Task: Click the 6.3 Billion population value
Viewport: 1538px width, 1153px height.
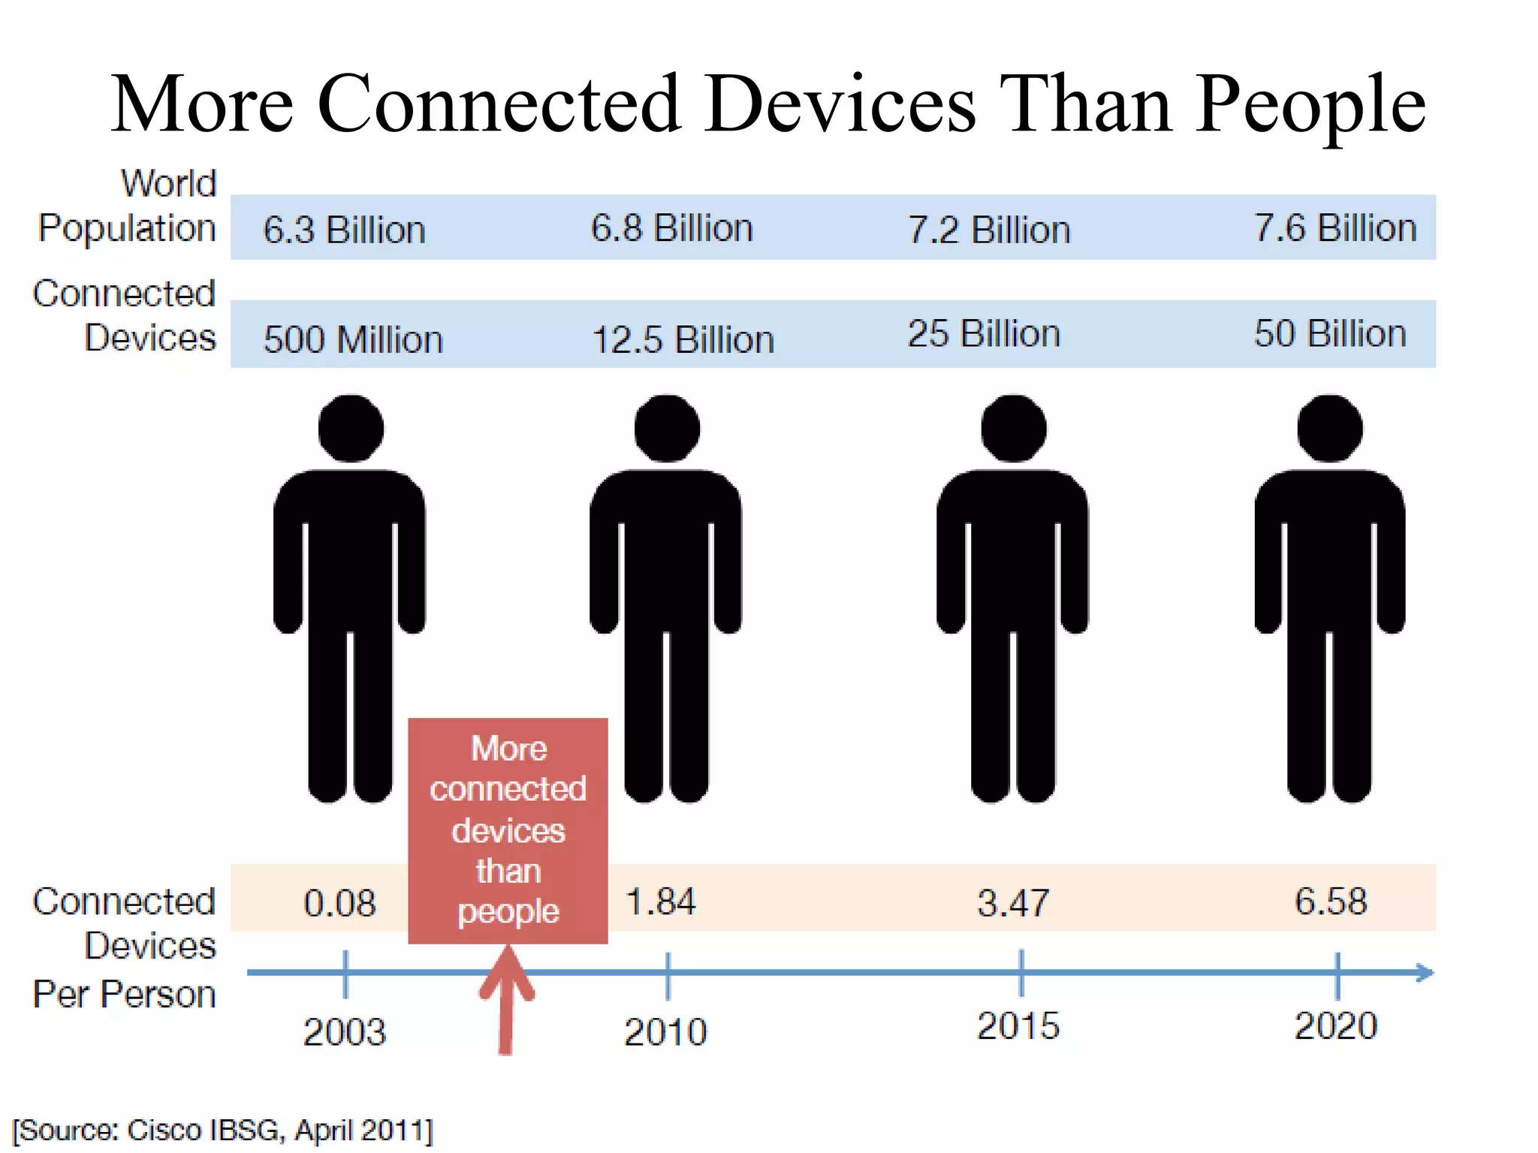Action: point(344,230)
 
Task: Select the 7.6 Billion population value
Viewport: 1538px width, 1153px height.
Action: point(1334,228)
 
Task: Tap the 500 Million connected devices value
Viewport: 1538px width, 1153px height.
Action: point(353,339)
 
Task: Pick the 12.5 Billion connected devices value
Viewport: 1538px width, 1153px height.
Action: point(683,339)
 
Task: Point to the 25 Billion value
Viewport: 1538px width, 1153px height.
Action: point(984,334)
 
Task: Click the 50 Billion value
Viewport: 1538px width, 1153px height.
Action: point(1329,333)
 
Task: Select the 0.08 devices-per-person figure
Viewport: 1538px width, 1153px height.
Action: point(339,902)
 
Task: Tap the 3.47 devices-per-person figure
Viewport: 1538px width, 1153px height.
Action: point(1012,902)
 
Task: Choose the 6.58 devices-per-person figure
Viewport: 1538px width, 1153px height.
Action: point(1331,901)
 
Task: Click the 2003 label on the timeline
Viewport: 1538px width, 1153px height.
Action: point(344,1031)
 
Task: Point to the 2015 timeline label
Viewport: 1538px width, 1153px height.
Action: point(1018,1025)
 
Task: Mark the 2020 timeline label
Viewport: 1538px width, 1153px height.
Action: point(1335,1025)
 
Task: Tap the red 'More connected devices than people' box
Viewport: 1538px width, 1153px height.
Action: point(508,830)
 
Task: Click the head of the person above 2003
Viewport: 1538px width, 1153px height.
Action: point(351,428)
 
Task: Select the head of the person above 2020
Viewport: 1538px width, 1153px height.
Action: point(1329,428)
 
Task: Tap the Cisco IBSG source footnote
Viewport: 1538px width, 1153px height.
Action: point(223,1130)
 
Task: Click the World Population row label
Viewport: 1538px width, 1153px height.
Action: point(128,206)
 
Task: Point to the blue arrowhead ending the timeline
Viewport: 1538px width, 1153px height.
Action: point(1424,973)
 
